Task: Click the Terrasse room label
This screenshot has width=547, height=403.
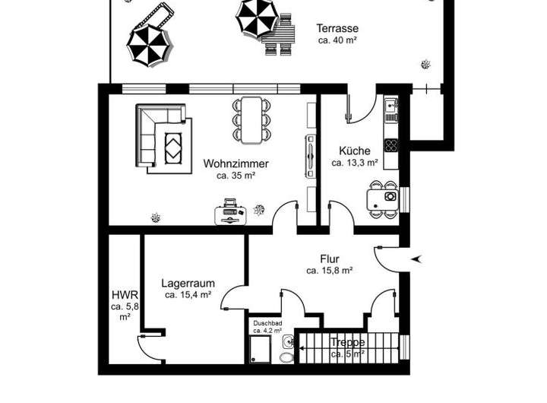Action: pos(337,29)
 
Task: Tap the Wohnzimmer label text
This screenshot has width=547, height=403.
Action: pos(236,163)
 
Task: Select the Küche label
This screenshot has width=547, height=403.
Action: pos(355,151)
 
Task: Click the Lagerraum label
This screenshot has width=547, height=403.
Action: pos(185,283)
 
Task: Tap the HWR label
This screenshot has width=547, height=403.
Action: pos(124,294)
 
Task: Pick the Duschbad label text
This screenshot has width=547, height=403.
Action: pos(267,323)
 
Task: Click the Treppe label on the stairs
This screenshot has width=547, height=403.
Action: pos(347,343)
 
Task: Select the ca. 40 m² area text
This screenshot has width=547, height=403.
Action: pos(337,41)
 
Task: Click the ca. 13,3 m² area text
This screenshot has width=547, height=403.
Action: pos(355,163)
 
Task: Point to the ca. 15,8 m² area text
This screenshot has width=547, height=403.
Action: pos(329,270)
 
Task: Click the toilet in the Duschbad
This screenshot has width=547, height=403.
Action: pos(288,357)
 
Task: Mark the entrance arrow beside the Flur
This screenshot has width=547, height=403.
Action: pos(416,260)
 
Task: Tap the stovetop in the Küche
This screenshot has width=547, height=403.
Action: pos(390,144)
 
